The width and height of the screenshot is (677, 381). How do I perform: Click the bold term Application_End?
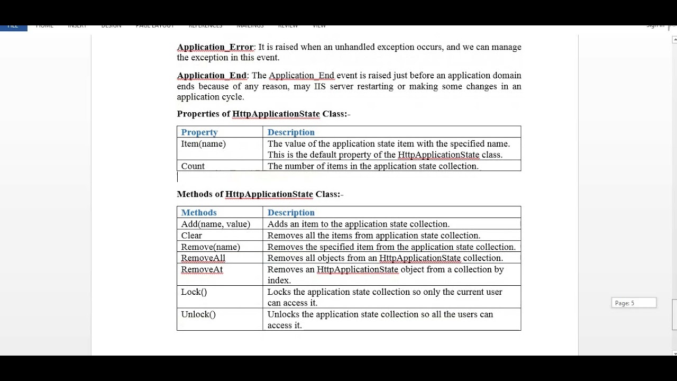(x=212, y=76)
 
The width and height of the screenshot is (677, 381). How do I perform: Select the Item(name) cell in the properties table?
(x=204, y=144)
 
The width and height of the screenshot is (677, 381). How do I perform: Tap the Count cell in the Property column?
(x=193, y=166)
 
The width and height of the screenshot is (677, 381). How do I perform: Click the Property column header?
(x=199, y=132)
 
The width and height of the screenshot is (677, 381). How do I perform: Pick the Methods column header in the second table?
(x=199, y=213)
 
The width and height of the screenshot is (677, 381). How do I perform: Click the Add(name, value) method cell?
(x=216, y=224)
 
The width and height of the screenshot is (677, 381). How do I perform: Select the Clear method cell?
(x=191, y=235)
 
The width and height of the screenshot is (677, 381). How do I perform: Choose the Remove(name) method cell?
(x=211, y=247)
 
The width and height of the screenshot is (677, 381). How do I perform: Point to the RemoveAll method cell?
(x=203, y=258)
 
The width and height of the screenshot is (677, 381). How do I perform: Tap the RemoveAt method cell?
(x=202, y=270)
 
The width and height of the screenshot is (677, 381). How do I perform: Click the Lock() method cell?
(x=194, y=292)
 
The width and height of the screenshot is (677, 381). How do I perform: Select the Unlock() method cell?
(x=198, y=314)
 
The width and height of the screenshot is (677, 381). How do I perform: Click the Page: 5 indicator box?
(x=633, y=303)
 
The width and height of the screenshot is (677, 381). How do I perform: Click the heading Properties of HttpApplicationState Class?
(x=263, y=114)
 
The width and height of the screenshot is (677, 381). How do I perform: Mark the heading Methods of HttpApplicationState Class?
(x=260, y=194)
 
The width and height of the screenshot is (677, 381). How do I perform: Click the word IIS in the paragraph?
(x=319, y=86)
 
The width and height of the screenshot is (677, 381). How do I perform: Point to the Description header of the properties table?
(x=291, y=132)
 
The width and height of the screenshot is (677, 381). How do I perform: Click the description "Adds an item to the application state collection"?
(x=358, y=224)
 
